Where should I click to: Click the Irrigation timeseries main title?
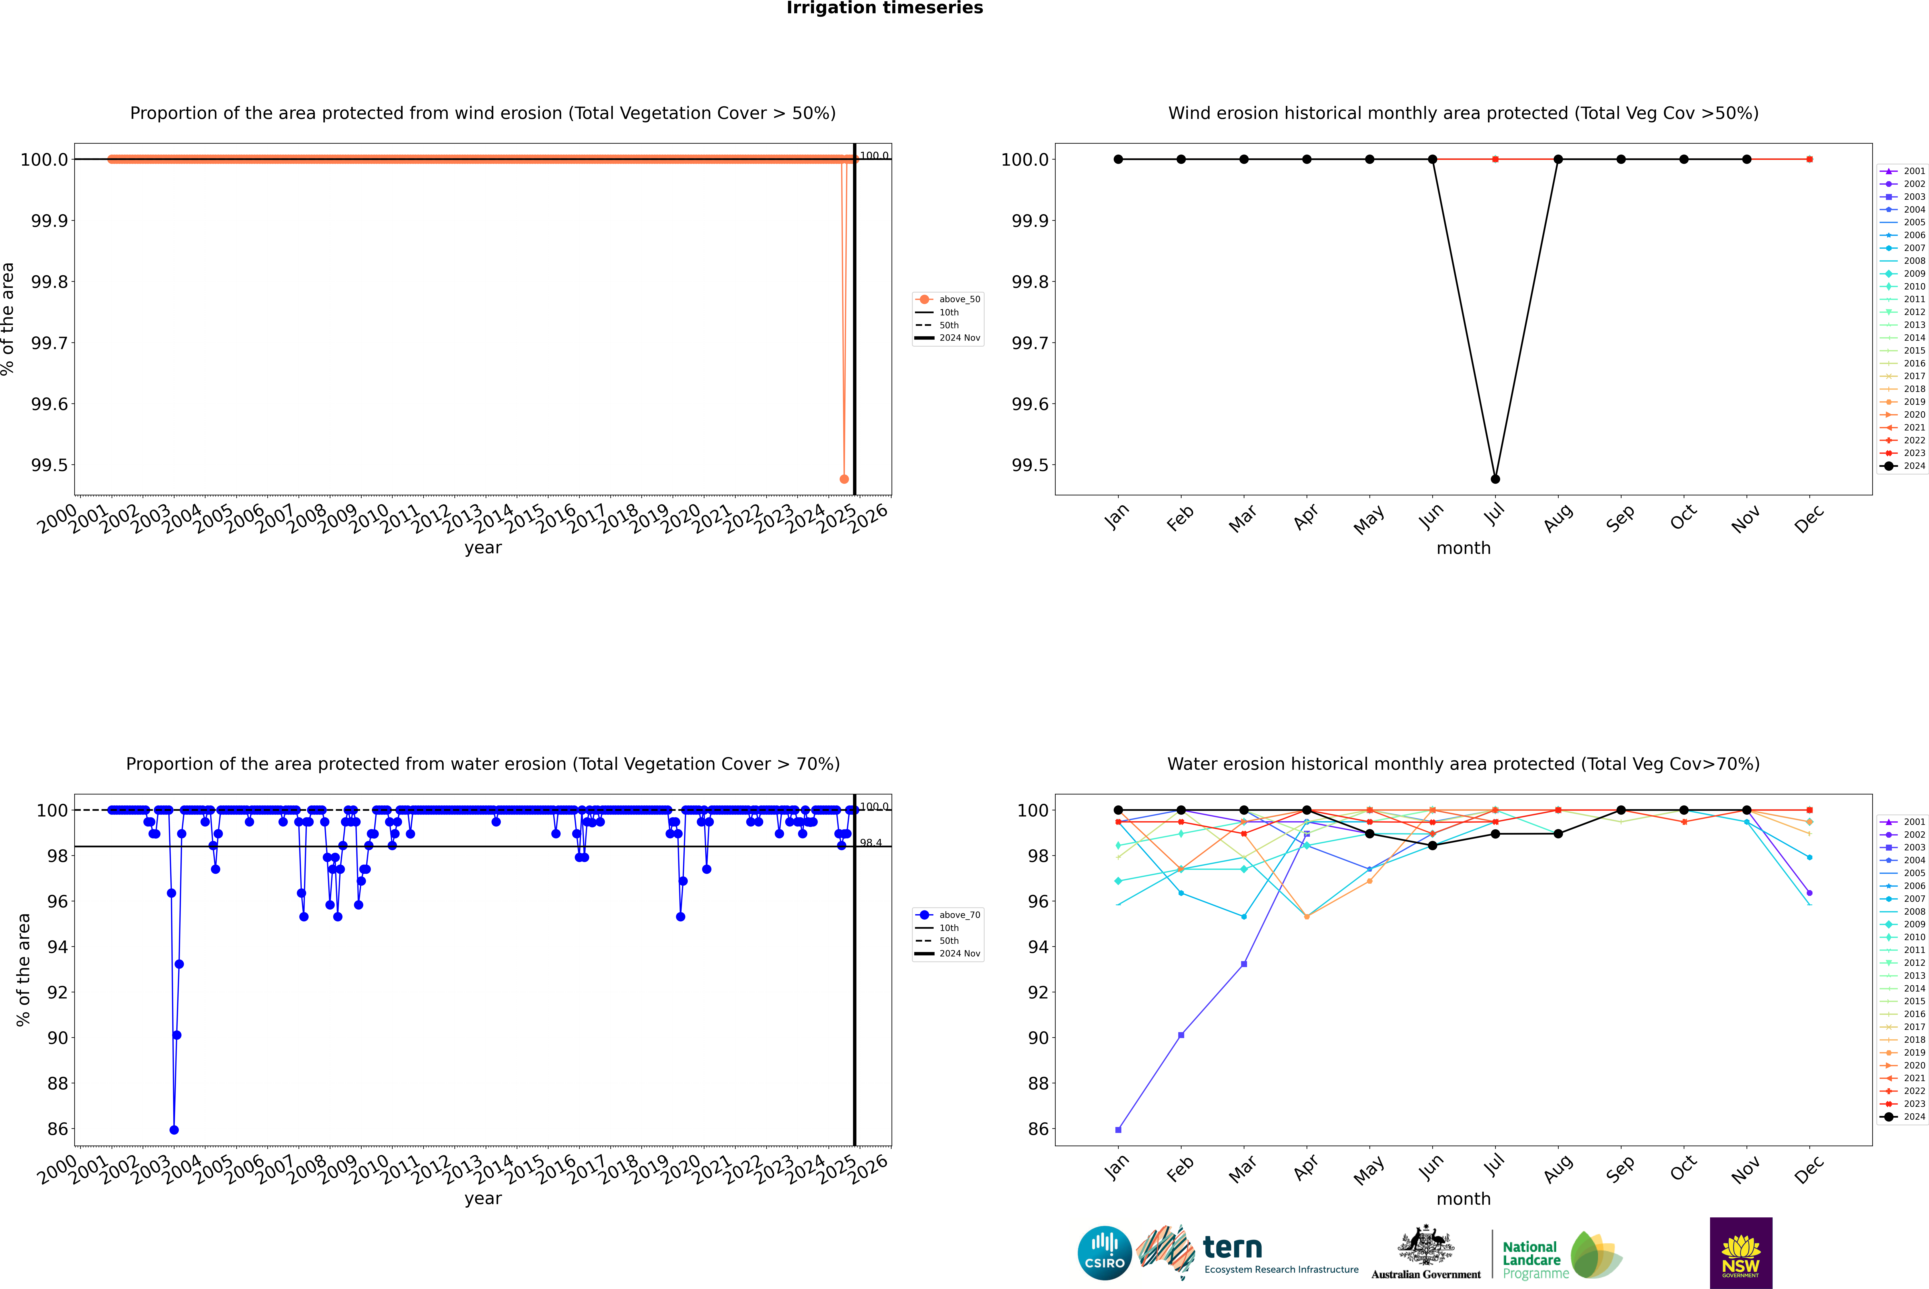tap(885, 8)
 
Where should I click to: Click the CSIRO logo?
tap(1104, 1253)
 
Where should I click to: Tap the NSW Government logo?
tap(1741, 1253)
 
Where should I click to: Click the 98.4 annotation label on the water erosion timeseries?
tap(871, 843)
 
